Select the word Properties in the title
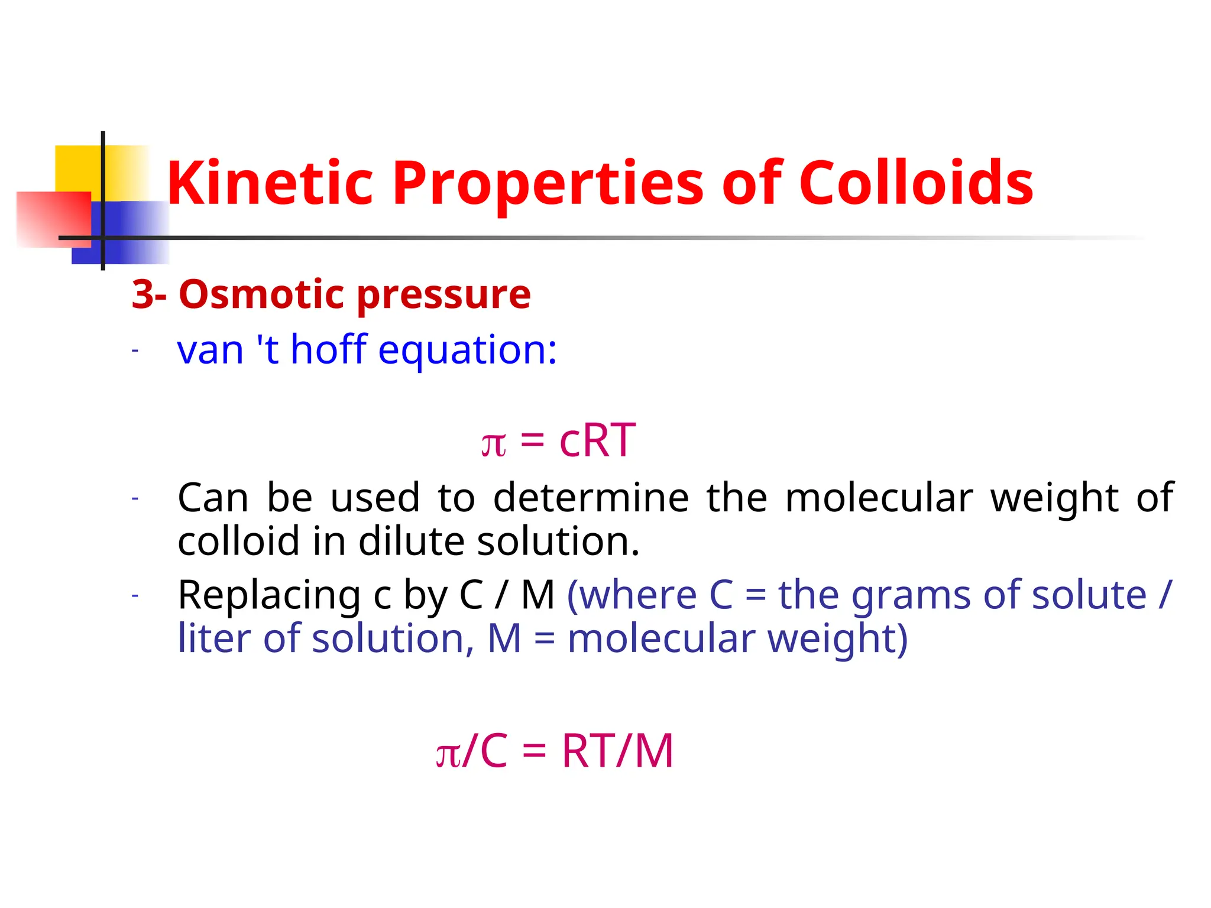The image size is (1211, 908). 548,184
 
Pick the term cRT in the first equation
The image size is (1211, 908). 597,440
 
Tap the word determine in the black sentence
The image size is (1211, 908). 591,498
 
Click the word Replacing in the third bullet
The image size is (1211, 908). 269,596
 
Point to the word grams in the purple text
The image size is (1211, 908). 911,596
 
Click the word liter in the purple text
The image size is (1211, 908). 213,639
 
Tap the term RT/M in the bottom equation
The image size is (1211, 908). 617,751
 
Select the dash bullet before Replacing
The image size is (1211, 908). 135,595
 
